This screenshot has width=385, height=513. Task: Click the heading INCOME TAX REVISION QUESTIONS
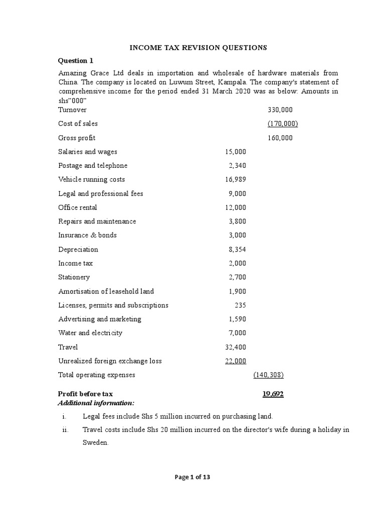tap(199, 48)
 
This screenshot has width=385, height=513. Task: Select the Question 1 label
tap(76, 61)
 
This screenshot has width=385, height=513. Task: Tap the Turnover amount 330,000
tap(281, 110)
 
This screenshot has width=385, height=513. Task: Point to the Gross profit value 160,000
tap(281, 138)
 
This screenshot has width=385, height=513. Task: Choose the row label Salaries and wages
tap(88, 152)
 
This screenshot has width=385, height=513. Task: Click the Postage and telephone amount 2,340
tap(237, 166)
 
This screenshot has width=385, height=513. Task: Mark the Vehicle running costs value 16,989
tap(236, 179)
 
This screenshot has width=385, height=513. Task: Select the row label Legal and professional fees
tap(101, 193)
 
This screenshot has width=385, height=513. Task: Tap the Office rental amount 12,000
tap(236, 207)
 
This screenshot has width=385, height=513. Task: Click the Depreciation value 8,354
tap(237, 249)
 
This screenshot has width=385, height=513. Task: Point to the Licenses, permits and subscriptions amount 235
tap(240, 305)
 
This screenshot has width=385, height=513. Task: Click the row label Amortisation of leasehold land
tap(106, 291)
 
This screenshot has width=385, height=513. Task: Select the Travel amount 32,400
tap(236, 347)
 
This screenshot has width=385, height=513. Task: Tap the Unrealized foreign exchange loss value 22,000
tap(236, 361)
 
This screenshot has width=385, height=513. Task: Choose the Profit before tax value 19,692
tap(273, 394)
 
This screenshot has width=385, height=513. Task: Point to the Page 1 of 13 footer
tap(192, 477)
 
